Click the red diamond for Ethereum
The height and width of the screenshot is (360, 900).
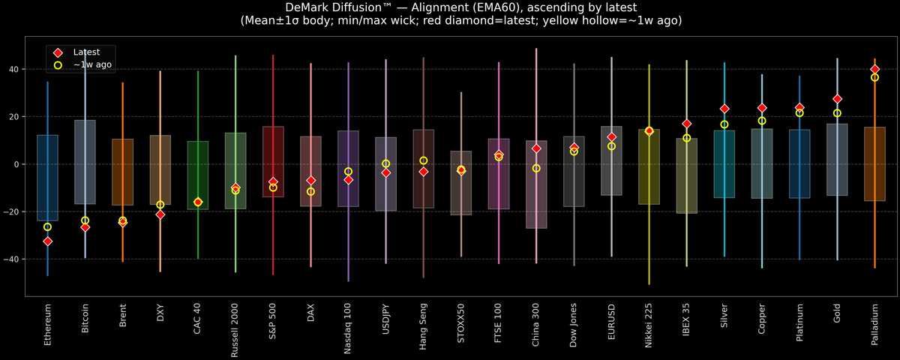47,241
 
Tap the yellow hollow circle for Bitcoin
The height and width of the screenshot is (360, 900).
85,220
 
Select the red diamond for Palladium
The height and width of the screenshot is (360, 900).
874,69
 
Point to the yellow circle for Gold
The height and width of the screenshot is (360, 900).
837,113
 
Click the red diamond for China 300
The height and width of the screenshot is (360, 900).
536,148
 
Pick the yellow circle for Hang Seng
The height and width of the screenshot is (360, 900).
424,160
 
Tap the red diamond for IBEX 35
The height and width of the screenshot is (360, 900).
686,124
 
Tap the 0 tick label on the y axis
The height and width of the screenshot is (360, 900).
16,164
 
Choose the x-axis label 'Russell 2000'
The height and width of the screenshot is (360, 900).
235,327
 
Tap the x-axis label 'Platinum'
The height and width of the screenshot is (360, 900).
799,322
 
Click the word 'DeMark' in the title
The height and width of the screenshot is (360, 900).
307,7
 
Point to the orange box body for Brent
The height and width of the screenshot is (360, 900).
122,172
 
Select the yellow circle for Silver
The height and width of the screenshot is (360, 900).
724,124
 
